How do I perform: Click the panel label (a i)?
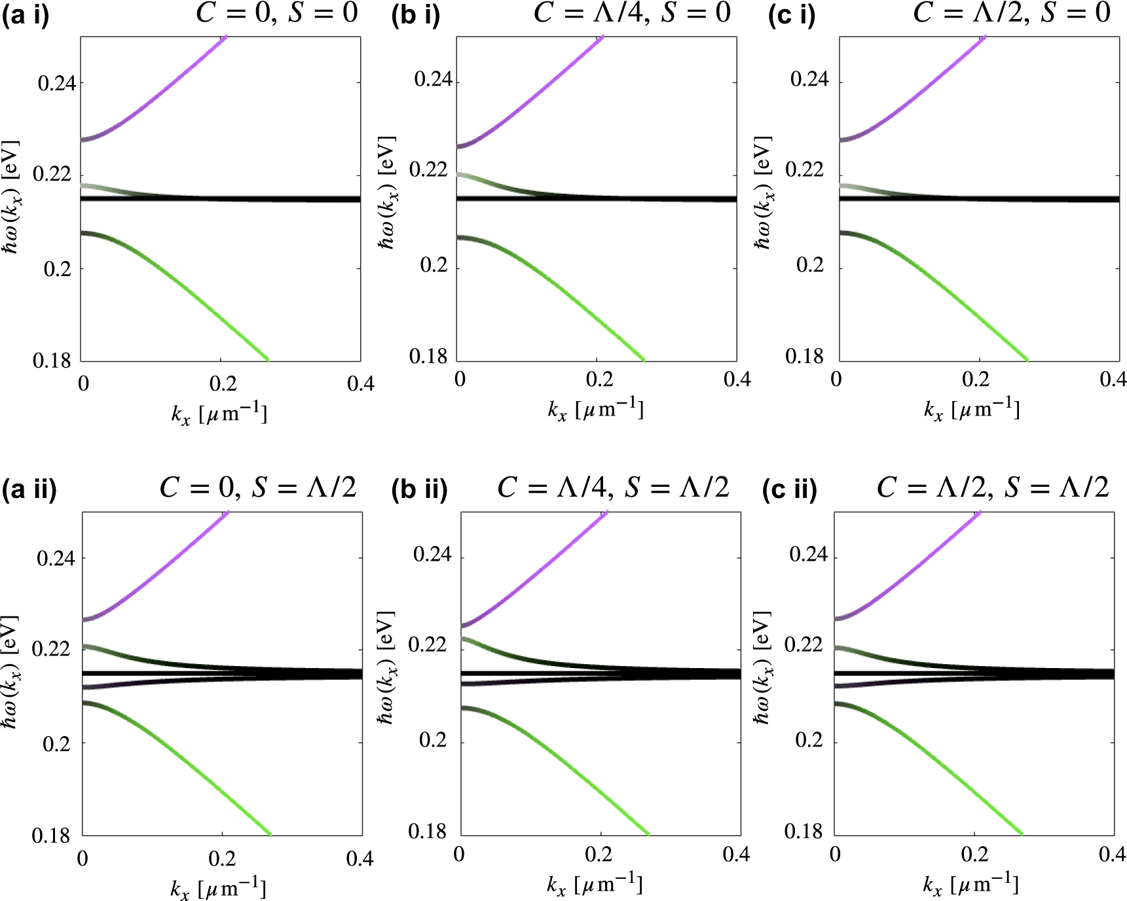(26, 15)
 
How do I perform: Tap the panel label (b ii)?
(419, 489)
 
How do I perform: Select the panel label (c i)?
(792, 15)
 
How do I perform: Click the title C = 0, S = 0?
(277, 13)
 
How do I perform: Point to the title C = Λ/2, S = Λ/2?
(993, 487)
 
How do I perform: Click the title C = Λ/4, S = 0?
(632, 13)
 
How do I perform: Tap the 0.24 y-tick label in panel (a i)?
(56, 84)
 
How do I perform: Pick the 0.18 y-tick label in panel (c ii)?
(804, 832)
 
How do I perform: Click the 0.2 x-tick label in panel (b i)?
(599, 379)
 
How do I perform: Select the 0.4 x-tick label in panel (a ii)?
(360, 858)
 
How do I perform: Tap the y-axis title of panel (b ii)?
(386, 667)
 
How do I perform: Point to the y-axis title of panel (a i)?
(10, 196)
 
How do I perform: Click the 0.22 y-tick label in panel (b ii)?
(427, 645)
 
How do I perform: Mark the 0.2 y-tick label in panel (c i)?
(809, 265)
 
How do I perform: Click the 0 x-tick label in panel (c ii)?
(835, 855)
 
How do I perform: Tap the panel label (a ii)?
(29, 489)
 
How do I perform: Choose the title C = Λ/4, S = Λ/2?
(613, 487)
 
